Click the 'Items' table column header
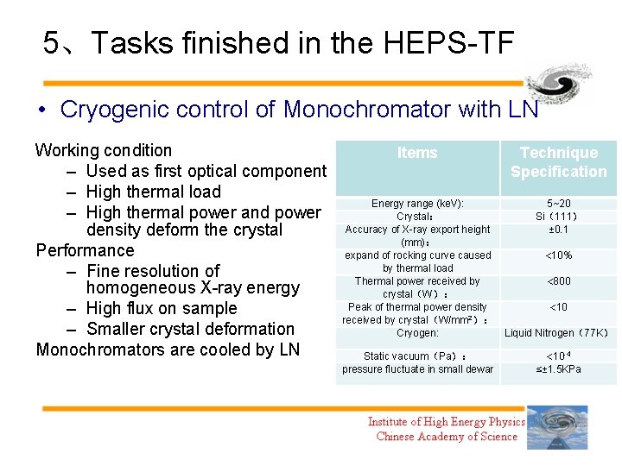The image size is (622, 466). (417, 153)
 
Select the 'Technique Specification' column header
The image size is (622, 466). (558, 162)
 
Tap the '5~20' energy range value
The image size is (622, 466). (558, 204)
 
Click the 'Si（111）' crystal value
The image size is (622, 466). (558, 217)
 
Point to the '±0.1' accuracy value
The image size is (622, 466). (558, 230)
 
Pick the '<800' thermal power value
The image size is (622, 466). (558, 281)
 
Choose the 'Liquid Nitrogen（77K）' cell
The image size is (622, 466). (558, 333)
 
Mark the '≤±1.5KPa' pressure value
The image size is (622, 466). (558, 369)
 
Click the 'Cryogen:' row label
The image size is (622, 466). (417, 333)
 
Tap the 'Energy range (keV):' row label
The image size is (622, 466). (417, 204)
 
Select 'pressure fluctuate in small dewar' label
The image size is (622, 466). (417, 369)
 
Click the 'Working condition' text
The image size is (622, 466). (104, 150)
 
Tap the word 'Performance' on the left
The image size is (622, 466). (85, 250)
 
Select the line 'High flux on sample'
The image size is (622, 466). (162, 308)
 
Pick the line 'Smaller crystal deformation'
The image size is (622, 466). (191, 329)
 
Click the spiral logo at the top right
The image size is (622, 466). (559, 84)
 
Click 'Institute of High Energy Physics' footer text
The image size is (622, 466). (446, 422)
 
